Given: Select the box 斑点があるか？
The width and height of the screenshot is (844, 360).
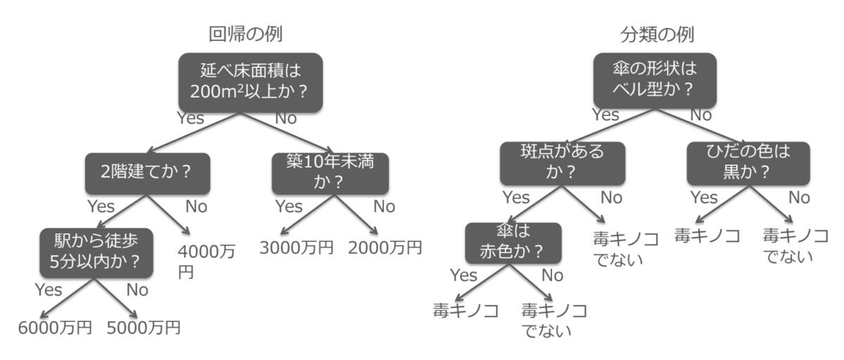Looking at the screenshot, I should (x=553, y=164).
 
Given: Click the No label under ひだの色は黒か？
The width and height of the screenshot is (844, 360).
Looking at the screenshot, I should (x=799, y=198).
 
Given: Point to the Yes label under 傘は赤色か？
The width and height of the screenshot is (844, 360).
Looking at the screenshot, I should (x=463, y=274).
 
